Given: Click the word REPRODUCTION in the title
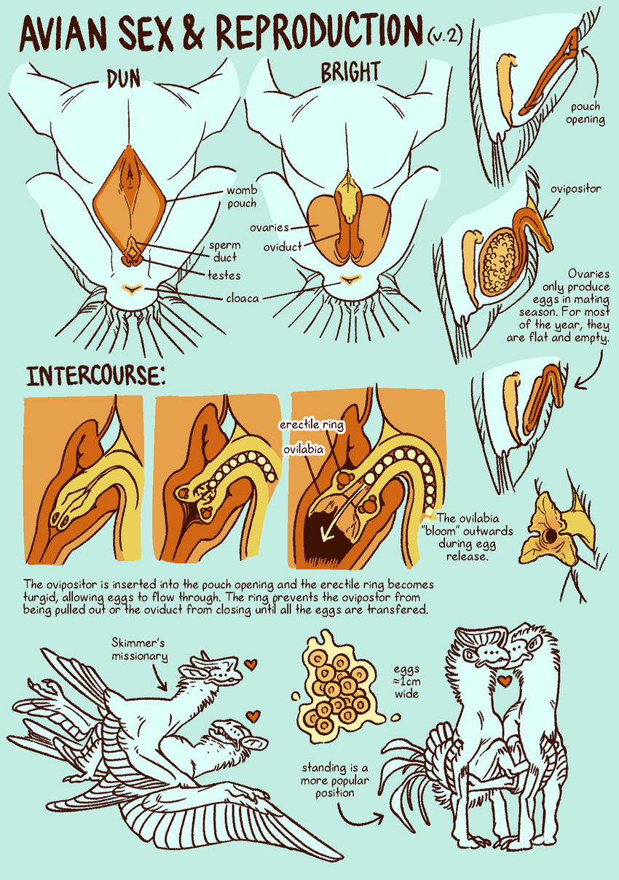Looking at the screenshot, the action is click(x=320, y=31).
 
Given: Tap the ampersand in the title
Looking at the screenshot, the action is click(x=194, y=31).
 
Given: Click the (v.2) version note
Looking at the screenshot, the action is click(x=445, y=36).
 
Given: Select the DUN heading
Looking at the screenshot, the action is click(x=124, y=79).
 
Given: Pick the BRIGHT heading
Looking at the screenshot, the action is click(x=350, y=72).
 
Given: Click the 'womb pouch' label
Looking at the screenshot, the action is click(x=242, y=197).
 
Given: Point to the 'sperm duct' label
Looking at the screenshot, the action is click(x=224, y=251).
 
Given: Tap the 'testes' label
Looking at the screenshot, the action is click(x=224, y=275).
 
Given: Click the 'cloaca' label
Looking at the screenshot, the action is click(x=243, y=298).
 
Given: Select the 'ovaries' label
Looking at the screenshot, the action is click(x=269, y=228).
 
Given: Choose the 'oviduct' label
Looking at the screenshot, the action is click(x=283, y=247).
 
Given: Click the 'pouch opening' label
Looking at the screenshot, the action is click(x=586, y=113).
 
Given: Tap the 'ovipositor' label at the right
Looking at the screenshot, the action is click(x=575, y=189).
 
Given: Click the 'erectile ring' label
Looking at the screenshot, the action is click(x=312, y=425).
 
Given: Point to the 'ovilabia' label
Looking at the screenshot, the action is click(x=304, y=449).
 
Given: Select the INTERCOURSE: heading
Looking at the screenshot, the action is click(x=96, y=375).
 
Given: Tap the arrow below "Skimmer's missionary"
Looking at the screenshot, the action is click(x=161, y=678).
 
